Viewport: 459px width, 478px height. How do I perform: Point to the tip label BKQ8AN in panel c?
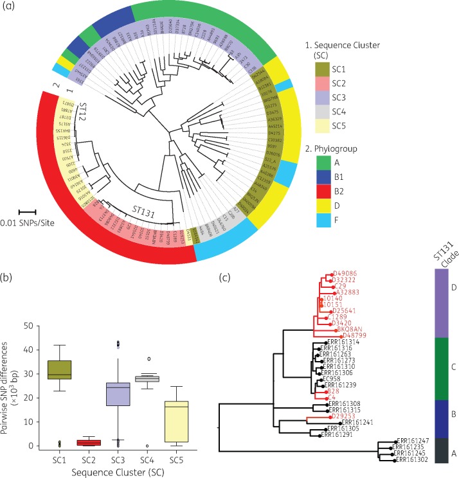tap(341, 328)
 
